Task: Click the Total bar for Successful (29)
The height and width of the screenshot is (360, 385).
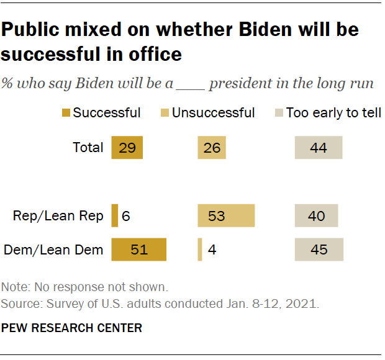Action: (127, 148)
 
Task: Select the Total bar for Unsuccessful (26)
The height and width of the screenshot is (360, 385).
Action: (211, 148)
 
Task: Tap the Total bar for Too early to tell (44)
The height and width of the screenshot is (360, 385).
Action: (319, 148)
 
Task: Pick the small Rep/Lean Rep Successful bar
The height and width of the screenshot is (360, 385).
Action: (114, 215)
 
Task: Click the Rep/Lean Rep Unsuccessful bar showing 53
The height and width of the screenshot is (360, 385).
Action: (226, 215)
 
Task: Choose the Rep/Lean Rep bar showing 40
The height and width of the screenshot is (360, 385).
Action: (316, 215)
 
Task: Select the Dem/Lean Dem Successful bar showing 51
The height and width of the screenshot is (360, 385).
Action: (139, 250)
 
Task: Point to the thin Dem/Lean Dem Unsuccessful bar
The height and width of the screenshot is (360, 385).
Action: (199, 250)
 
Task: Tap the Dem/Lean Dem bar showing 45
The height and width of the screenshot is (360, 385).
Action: (319, 250)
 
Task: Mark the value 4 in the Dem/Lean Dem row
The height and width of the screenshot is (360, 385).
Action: (212, 250)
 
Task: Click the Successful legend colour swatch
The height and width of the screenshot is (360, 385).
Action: (66, 113)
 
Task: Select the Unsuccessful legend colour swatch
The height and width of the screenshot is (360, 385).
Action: (165, 113)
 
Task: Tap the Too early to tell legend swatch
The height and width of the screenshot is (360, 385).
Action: (279, 113)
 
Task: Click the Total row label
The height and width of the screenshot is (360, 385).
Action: (88, 148)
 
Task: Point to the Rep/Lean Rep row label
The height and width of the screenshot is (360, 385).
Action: (58, 216)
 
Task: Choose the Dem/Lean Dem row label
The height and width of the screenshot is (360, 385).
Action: (53, 250)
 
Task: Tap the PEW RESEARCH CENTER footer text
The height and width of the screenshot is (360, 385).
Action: (72, 327)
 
